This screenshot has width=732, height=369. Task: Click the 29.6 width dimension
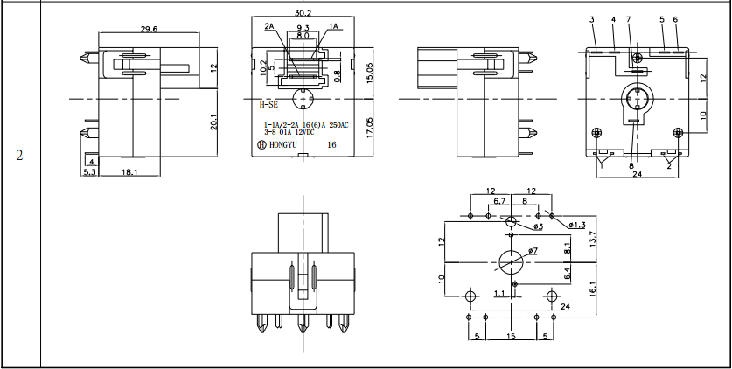point(149,29)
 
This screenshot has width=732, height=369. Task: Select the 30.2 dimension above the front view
point(303,14)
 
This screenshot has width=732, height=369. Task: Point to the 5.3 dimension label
point(89,173)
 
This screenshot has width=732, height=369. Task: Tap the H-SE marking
point(268,103)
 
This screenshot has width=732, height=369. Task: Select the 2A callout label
point(269,27)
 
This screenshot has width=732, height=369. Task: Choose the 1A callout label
point(332,27)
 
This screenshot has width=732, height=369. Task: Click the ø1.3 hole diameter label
point(577,226)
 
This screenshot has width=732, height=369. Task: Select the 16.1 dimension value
point(592,288)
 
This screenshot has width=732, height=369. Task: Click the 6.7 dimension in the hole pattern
point(499,201)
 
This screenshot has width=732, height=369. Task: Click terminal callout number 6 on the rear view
point(675,19)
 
